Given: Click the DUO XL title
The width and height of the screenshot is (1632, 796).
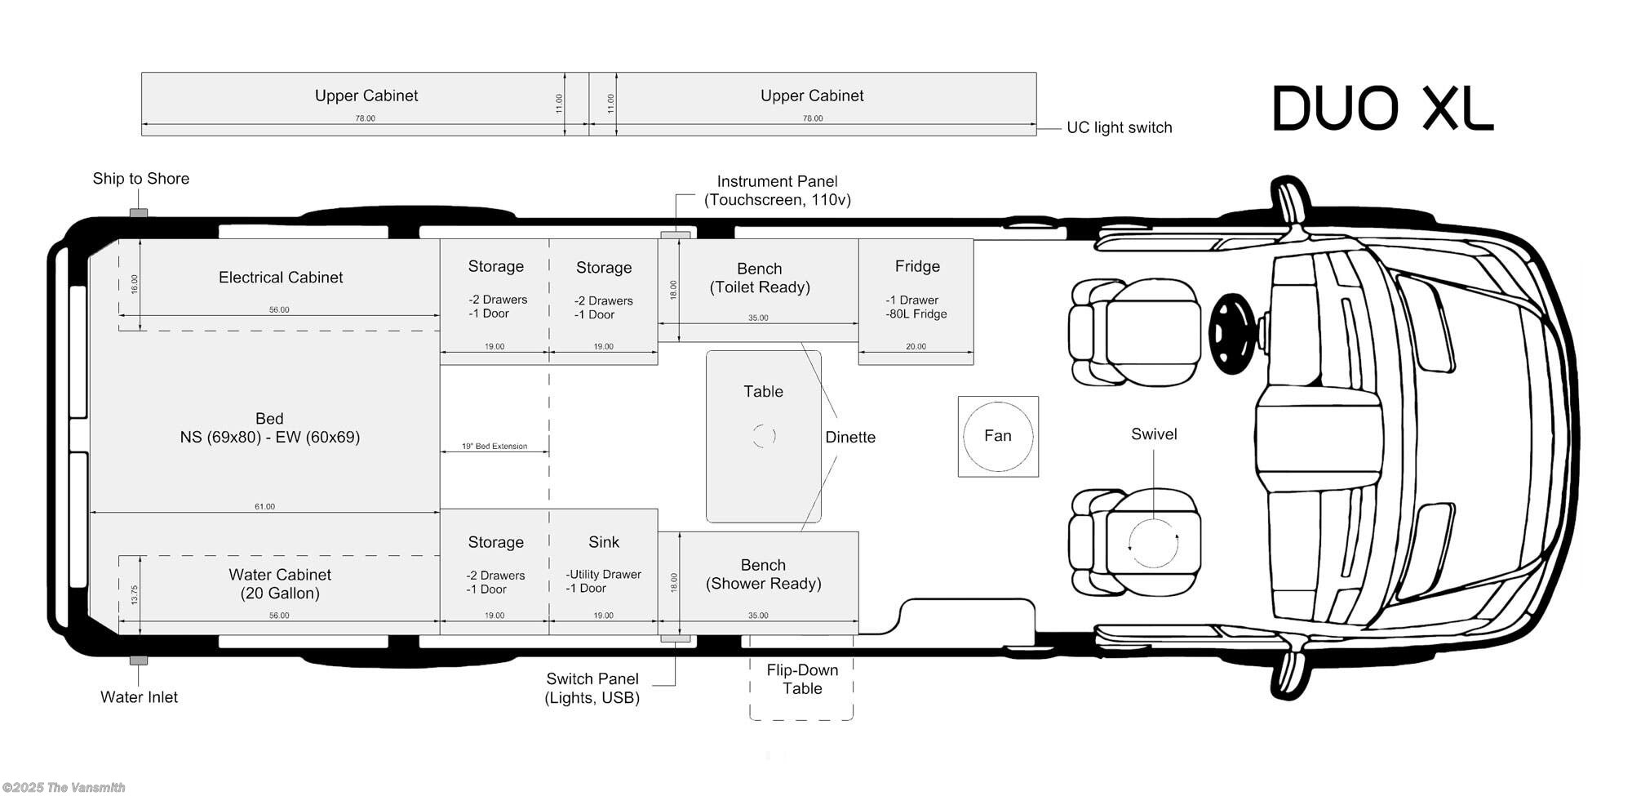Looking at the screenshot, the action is tap(1382, 109).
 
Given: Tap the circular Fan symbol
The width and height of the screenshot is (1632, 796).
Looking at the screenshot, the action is tap(998, 436).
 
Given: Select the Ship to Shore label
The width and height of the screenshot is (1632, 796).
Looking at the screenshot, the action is tap(140, 179).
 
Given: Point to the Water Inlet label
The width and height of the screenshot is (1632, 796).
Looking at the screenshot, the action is tap(139, 697).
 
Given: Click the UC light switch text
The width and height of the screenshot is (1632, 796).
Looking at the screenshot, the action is tap(1120, 128).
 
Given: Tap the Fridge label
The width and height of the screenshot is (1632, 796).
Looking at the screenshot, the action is tap(917, 266).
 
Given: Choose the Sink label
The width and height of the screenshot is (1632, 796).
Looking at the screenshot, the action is tap(604, 542).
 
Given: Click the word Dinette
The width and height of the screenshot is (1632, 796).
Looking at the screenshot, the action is tap(850, 438).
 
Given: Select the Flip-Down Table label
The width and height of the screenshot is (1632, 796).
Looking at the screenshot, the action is tap(802, 679).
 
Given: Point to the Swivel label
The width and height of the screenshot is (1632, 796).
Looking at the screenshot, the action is tap(1154, 434).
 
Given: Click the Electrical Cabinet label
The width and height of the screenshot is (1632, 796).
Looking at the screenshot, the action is tap(281, 278).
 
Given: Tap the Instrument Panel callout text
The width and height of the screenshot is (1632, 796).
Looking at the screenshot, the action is tap(778, 190).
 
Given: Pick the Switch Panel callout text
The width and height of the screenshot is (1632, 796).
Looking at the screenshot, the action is tap(592, 688).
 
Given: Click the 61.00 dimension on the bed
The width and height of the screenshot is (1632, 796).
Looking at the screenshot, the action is tap(264, 507).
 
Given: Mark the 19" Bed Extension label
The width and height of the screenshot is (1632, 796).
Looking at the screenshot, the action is tap(494, 447).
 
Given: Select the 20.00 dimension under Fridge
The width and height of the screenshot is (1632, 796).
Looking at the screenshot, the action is tap(916, 347).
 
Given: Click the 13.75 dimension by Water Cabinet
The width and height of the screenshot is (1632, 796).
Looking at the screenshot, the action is tap(135, 594).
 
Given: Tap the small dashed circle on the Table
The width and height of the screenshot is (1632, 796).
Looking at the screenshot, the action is tap(764, 436).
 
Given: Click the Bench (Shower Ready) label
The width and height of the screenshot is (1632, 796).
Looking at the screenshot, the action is tap(763, 574).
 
